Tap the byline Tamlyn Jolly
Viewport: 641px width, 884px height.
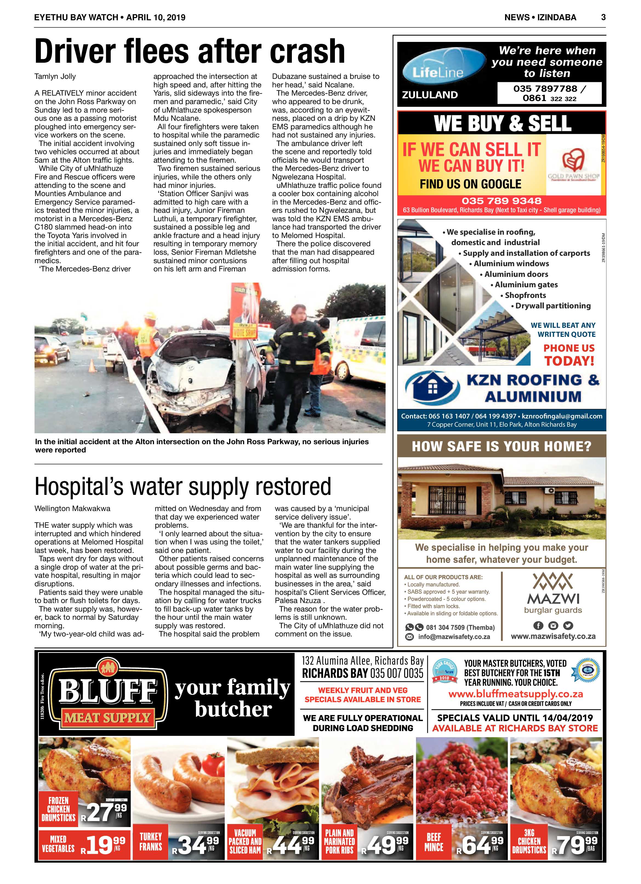[55, 76]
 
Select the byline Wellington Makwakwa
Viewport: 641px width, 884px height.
[72, 508]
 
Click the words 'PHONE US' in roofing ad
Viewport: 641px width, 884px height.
[569, 348]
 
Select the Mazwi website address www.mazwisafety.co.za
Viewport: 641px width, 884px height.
[553, 636]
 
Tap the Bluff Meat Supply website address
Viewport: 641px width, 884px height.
[515, 693]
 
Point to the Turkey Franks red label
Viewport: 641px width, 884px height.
[151, 842]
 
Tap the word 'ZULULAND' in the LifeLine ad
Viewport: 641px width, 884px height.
[429, 95]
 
